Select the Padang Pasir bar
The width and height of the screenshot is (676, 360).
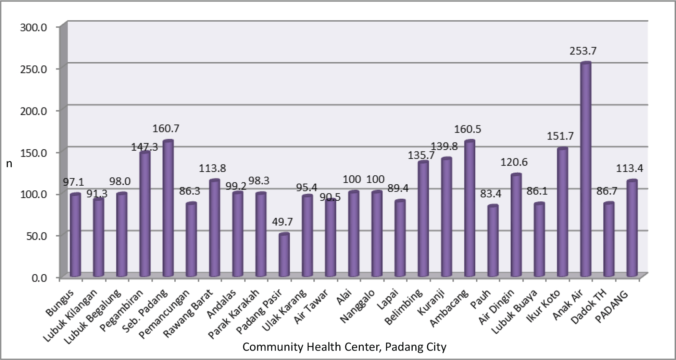(x=284, y=255)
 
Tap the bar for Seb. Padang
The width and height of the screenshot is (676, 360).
(x=168, y=209)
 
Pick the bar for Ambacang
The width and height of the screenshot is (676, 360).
(x=470, y=209)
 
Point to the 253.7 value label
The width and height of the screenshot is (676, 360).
(x=583, y=51)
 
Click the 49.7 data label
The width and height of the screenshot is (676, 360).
(x=283, y=222)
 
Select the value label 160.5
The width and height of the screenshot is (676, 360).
(x=467, y=129)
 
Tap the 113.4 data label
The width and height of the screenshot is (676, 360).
(x=629, y=169)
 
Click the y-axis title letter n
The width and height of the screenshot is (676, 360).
(x=9, y=164)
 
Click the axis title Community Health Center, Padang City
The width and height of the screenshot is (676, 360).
(x=344, y=347)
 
